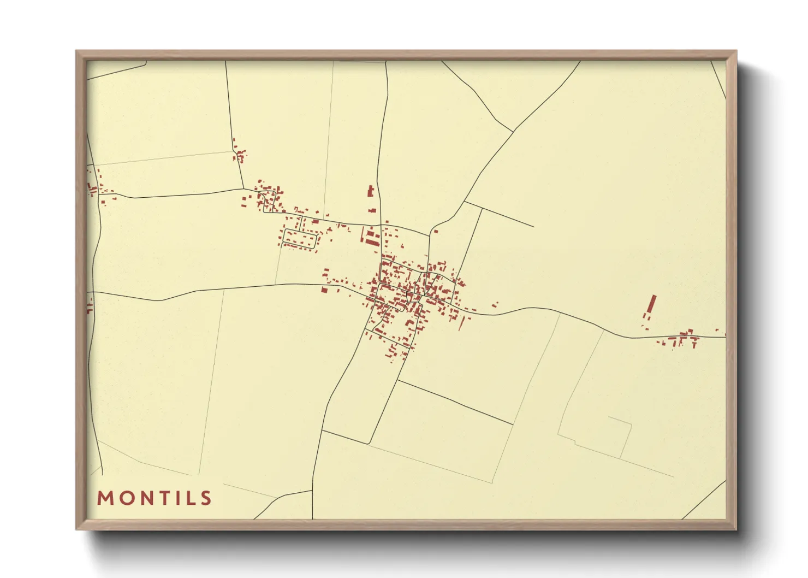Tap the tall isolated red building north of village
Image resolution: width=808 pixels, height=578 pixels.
coord(371,191)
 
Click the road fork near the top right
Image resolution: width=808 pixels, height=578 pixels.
coord(513,131)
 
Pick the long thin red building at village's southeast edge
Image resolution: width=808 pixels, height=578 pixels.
coord(461,324)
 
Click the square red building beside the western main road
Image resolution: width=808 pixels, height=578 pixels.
coord(324,290)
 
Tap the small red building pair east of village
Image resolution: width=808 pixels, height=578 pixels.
coord(495,304)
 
